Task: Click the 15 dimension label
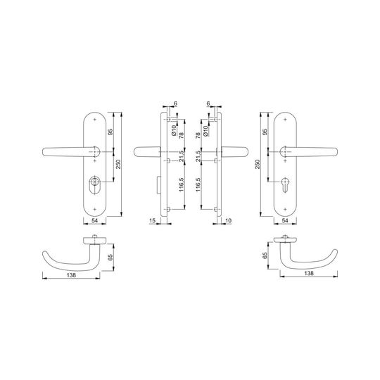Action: tap(152, 220)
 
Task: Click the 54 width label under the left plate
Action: tap(94, 220)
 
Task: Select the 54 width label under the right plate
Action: tap(285, 220)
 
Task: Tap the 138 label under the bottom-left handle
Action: tap(71, 275)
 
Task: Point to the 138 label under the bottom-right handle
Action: tap(309, 273)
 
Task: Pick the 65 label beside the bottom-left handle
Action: tap(110, 257)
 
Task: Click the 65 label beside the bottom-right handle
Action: tap(265, 255)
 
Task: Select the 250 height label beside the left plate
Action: tap(118, 164)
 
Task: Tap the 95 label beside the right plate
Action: tap(265, 132)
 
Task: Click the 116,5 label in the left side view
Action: tap(182, 184)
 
